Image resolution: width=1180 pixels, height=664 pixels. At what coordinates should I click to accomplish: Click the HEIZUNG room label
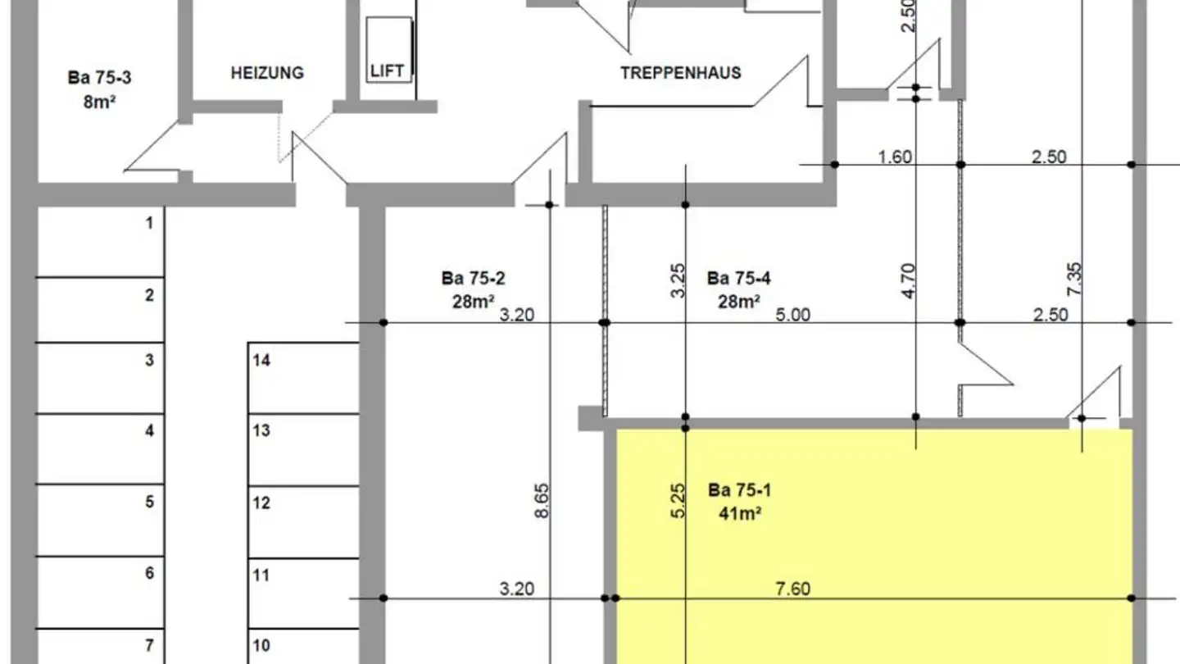tap(267, 72)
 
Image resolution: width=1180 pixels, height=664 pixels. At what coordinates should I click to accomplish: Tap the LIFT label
tap(387, 70)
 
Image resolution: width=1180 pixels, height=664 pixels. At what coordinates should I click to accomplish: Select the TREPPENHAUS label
tap(680, 72)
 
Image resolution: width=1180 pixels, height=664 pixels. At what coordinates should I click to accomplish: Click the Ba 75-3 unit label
tap(99, 79)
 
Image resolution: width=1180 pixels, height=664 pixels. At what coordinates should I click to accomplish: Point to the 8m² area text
tap(99, 103)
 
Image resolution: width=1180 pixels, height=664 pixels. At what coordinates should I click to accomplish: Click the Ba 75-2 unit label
tap(473, 278)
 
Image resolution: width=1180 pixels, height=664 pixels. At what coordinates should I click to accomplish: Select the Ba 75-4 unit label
tap(738, 278)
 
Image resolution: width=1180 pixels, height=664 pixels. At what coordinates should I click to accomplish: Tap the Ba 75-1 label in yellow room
tap(739, 490)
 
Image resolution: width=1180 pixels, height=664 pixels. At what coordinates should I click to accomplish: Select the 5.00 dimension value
tap(793, 314)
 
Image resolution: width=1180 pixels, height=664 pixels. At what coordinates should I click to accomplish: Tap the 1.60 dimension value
tap(895, 157)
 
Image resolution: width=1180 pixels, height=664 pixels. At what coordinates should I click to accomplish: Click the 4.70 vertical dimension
tap(909, 281)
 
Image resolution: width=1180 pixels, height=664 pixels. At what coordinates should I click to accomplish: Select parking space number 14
tap(261, 360)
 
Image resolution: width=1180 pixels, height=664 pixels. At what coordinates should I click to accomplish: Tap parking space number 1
tap(149, 222)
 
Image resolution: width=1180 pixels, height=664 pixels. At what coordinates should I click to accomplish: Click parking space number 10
tap(261, 644)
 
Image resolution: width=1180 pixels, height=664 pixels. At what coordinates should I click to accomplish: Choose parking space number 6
tap(149, 573)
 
